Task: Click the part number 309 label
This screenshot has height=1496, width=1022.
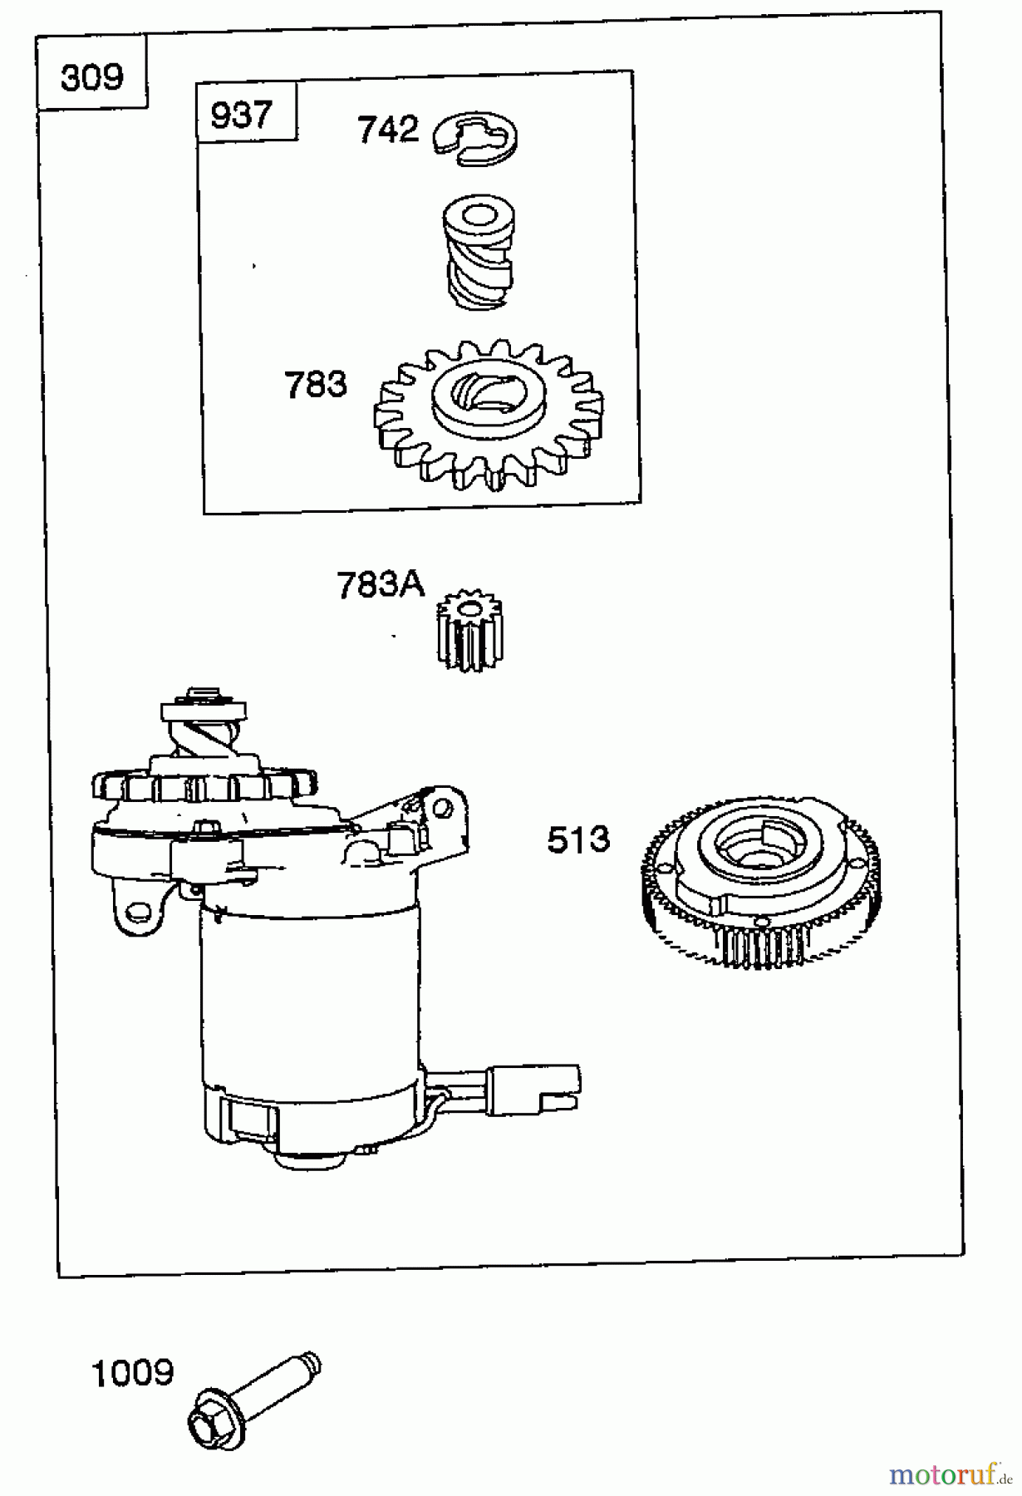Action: [91, 78]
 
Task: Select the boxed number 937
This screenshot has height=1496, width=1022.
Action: [241, 115]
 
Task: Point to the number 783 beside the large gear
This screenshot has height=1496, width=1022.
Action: [316, 385]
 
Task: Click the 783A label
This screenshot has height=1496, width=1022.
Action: [381, 585]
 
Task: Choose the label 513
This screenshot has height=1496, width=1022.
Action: [578, 839]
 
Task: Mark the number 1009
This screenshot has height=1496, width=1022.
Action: [133, 1373]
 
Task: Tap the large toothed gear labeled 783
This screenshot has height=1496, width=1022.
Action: [489, 412]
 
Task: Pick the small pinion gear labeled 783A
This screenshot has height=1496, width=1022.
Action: [469, 630]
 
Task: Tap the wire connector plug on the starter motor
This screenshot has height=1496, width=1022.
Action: [532, 1089]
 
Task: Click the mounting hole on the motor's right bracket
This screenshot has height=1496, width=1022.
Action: [441, 807]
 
